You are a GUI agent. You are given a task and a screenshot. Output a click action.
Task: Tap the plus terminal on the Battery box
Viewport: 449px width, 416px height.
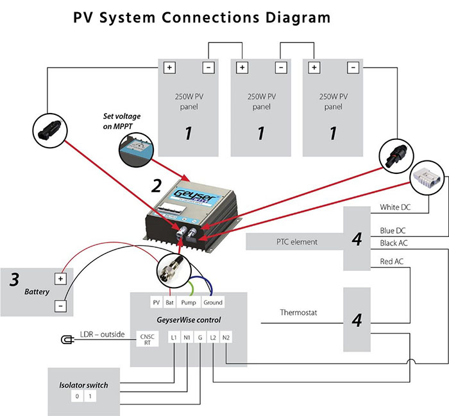[60, 279]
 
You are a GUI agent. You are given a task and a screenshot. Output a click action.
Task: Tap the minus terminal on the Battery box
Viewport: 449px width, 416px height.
[60, 306]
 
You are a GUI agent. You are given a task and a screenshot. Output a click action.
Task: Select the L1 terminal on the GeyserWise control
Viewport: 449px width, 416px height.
[174, 337]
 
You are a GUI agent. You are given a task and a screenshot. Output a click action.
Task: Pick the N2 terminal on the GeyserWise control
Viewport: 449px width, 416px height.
[226, 337]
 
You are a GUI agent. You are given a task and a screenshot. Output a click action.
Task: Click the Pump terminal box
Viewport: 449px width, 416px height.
[187, 302]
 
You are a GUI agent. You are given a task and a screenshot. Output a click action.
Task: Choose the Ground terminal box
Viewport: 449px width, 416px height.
[213, 302]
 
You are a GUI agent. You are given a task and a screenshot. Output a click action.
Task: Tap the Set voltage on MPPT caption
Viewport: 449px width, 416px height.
[122, 120]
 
